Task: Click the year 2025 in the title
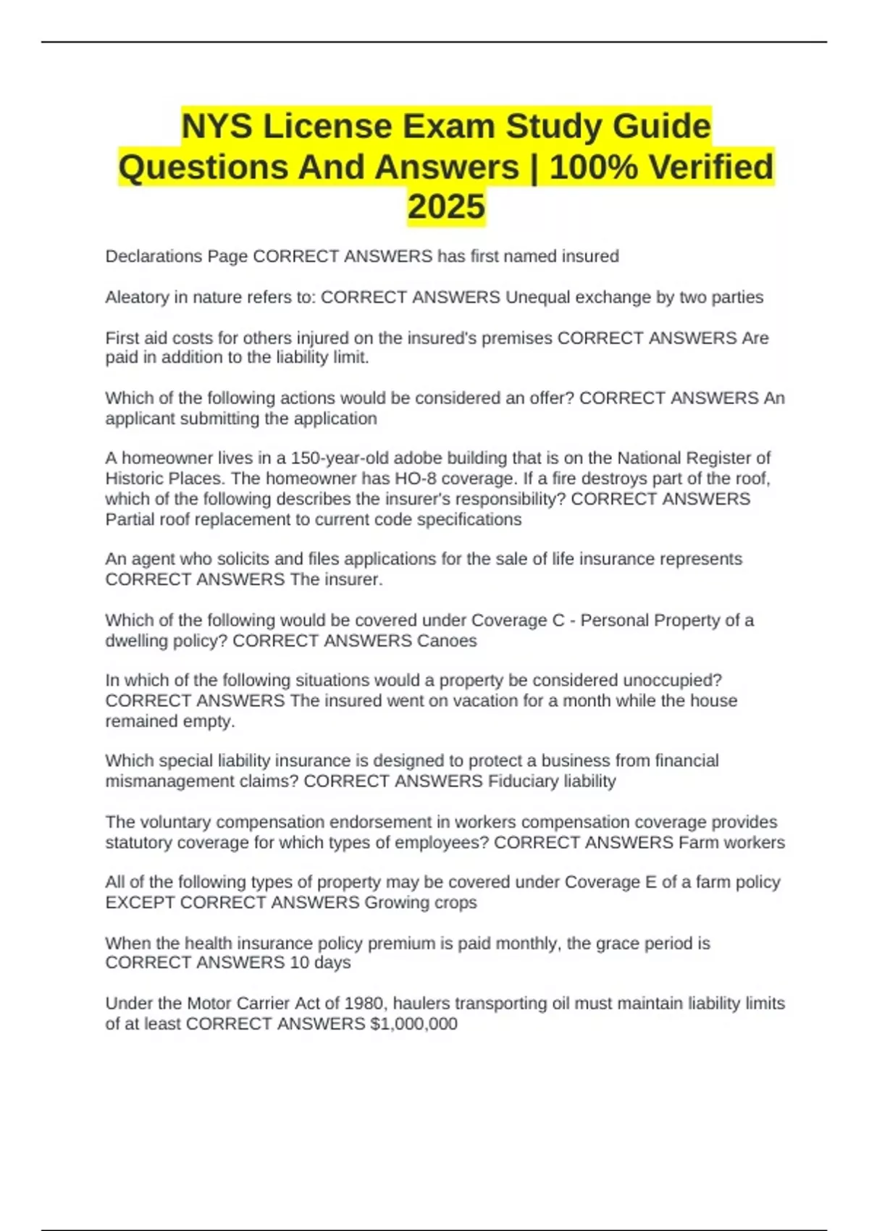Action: coord(446,206)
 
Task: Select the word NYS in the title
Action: coord(217,127)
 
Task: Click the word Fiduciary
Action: coord(520,781)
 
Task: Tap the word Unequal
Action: coord(537,297)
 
